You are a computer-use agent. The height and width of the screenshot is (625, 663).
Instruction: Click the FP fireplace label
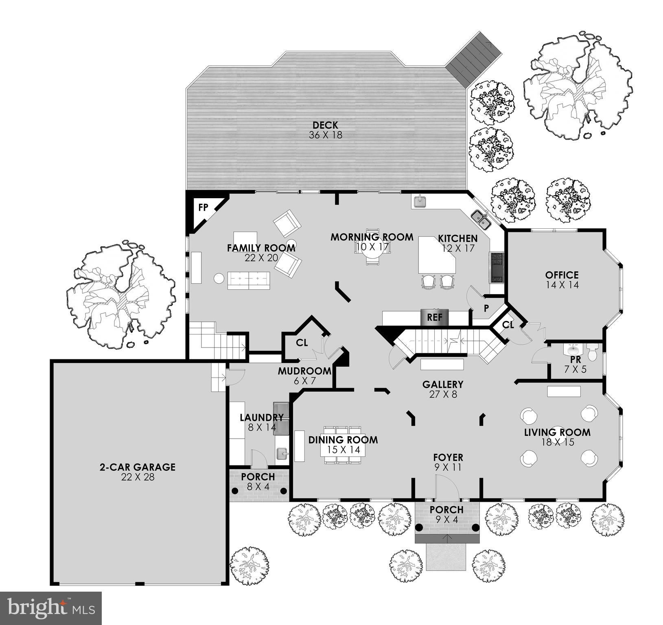(x=203, y=208)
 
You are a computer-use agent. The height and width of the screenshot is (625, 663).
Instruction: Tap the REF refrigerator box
(x=434, y=317)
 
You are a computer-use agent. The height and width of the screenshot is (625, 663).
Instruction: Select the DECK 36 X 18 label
(x=325, y=130)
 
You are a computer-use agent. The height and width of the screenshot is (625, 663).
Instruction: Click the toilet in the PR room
(x=593, y=352)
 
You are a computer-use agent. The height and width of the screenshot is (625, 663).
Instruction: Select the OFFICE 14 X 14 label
(x=562, y=280)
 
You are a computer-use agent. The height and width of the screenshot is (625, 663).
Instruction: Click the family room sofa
(x=248, y=280)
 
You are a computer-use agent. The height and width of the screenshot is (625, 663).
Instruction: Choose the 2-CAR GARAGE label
(x=138, y=472)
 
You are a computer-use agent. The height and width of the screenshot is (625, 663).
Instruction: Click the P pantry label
(x=486, y=308)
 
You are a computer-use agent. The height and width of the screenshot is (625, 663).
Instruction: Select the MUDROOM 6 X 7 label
(x=304, y=375)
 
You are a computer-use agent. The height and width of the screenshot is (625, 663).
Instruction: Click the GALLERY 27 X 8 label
(x=442, y=389)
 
